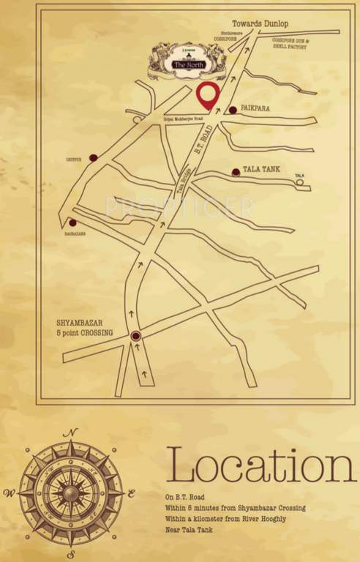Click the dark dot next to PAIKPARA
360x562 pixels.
233,110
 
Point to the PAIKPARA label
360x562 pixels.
255,109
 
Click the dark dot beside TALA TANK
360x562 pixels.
236,172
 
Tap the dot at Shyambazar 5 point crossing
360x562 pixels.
135,336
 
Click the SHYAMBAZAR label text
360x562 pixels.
85,323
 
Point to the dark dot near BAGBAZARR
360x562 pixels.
72,222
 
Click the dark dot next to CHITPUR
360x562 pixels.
93,157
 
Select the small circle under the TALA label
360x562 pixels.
299,182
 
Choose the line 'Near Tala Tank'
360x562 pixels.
189,529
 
